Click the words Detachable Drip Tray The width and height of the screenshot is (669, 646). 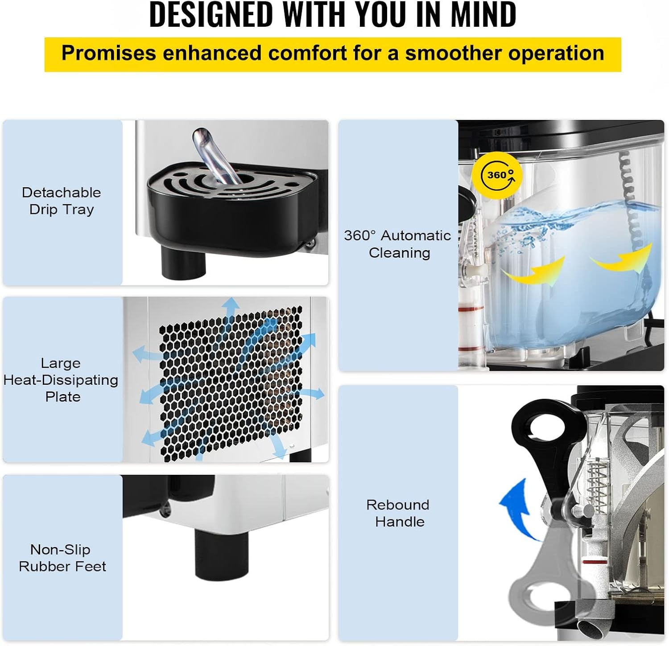tap(62, 201)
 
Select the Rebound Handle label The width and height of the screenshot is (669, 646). tap(398, 513)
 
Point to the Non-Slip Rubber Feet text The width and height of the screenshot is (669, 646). tap(62, 558)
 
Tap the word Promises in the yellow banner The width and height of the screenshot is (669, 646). tap(109, 53)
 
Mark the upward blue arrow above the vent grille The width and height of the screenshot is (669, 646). tap(231, 312)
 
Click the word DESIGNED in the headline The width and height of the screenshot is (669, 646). tap(211, 15)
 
